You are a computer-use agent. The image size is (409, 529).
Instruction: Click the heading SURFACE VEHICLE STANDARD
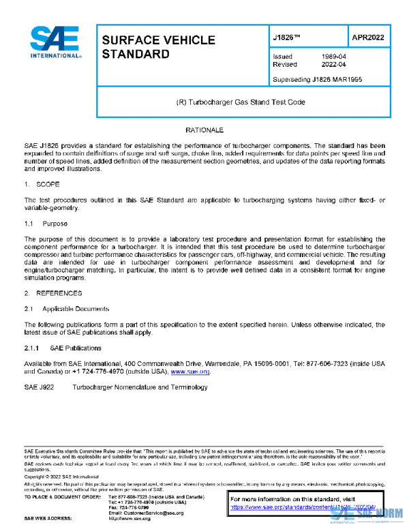tap(144, 47)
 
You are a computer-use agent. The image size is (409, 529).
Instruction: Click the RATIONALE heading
tap(204, 129)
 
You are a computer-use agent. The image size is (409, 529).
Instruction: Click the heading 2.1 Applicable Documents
tap(67, 308)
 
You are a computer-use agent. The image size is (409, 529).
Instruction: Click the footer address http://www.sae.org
tap(130, 519)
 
